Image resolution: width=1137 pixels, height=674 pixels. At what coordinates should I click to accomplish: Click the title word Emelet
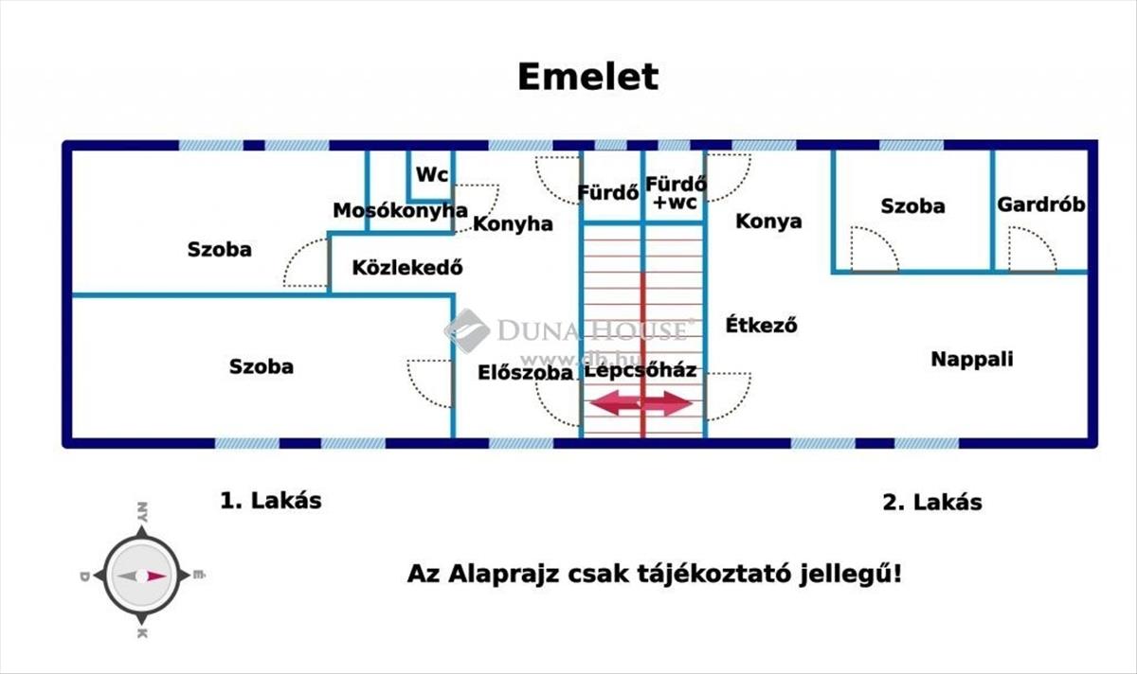(x=587, y=77)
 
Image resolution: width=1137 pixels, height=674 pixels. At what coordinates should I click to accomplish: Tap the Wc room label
(x=432, y=175)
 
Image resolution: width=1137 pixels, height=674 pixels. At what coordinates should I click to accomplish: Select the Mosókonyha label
(x=400, y=210)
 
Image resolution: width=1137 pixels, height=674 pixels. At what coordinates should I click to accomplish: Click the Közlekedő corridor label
(x=406, y=267)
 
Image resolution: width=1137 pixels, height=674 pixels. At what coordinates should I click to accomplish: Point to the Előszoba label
(x=525, y=372)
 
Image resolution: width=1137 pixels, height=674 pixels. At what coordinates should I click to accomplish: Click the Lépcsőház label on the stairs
(x=641, y=370)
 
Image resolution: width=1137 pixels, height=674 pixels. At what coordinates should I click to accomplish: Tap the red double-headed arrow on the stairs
(x=641, y=403)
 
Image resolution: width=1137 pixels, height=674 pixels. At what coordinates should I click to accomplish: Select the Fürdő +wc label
(x=675, y=192)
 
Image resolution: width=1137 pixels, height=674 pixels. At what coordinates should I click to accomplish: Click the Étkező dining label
(x=761, y=325)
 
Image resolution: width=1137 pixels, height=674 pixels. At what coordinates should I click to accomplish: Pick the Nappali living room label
(x=971, y=359)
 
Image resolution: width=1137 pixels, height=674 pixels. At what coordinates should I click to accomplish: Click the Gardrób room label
(x=1040, y=204)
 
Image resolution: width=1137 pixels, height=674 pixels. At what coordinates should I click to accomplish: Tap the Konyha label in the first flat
(x=513, y=223)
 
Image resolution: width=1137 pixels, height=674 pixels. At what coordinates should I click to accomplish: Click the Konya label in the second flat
(x=768, y=221)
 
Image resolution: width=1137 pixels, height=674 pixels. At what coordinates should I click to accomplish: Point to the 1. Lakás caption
(x=271, y=500)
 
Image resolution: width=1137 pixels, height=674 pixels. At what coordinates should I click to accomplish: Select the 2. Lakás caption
(x=931, y=502)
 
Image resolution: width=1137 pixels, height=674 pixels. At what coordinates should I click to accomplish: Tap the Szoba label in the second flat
(x=912, y=205)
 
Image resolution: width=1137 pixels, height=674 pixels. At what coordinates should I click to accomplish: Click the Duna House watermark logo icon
(x=467, y=330)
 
